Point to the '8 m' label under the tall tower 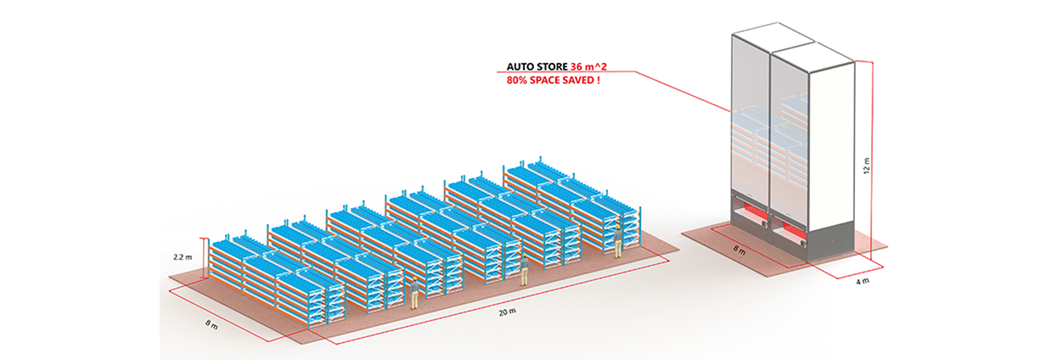[740, 250]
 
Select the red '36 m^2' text [592, 66]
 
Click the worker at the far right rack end [618, 244]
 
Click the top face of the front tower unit [813, 53]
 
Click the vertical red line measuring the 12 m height [871, 161]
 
